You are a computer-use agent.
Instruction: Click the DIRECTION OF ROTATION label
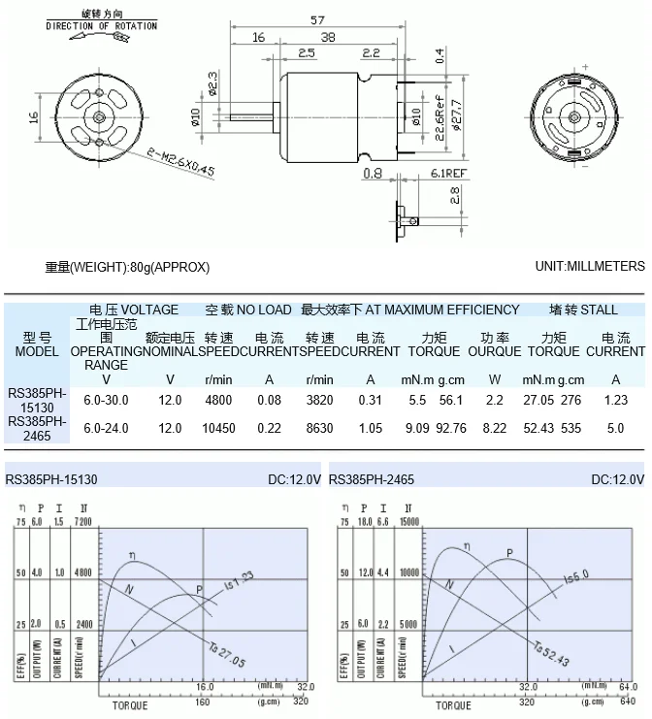point(101,26)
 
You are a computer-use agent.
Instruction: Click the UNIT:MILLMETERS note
point(589,266)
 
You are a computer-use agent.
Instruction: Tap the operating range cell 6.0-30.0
point(106,400)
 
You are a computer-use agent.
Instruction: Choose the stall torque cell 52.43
point(538,428)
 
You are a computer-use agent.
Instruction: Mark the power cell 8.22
point(494,428)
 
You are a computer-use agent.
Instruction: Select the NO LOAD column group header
point(247,310)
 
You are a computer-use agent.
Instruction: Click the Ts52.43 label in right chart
point(550,655)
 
